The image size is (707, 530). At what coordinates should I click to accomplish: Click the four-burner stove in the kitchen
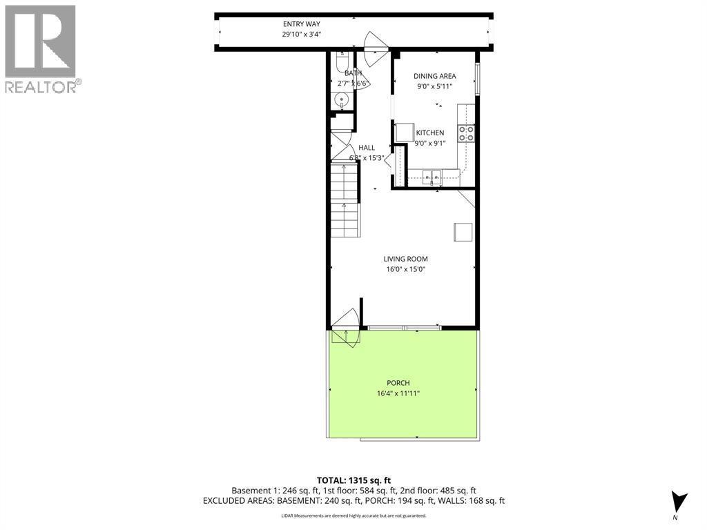[x=467, y=132]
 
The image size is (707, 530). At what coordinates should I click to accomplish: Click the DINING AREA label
[x=435, y=77]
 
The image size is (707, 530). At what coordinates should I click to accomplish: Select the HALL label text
[x=367, y=148]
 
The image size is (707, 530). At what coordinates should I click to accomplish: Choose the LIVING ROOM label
[x=405, y=259]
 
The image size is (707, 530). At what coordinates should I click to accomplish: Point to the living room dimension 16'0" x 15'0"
[x=405, y=270]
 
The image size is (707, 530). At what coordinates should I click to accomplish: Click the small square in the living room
[x=463, y=232]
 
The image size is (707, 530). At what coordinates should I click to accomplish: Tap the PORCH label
[x=398, y=383]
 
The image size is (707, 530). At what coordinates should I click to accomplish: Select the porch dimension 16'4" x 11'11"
[x=398, y=393]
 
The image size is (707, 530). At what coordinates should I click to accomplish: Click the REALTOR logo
[x=41, y=49]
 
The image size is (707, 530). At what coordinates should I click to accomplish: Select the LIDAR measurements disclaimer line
[x=353, y=516]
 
